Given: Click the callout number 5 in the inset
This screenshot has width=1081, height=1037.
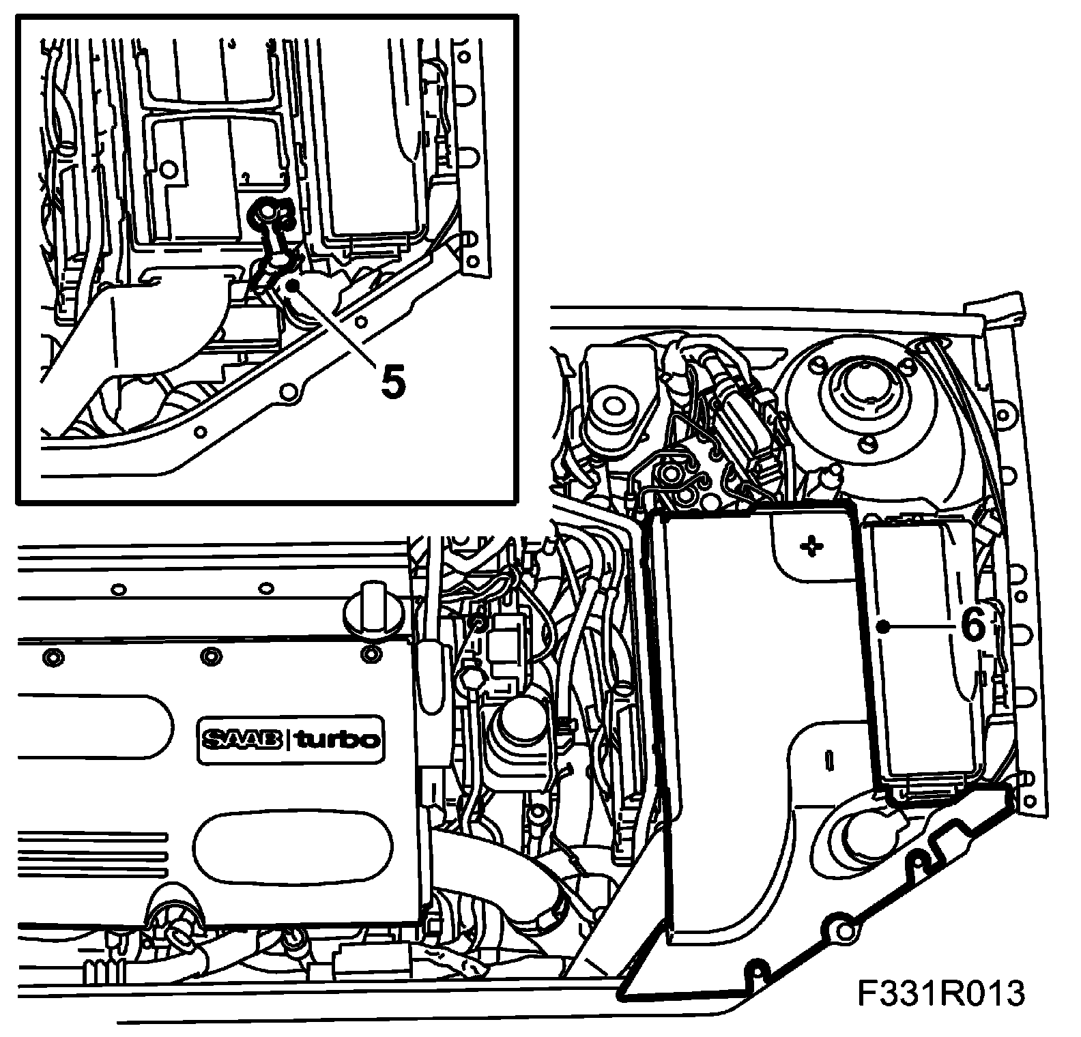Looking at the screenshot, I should pos(393,381).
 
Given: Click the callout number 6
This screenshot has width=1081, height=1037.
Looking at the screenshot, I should pos(972,625).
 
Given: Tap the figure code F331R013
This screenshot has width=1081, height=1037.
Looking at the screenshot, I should pos(942,994).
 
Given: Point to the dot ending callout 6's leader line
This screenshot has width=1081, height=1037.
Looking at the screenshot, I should pos(884,626).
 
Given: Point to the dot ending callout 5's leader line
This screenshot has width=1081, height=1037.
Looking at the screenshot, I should pos(291,286).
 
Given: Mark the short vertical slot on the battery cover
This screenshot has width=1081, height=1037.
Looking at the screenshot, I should pos(828,759).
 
